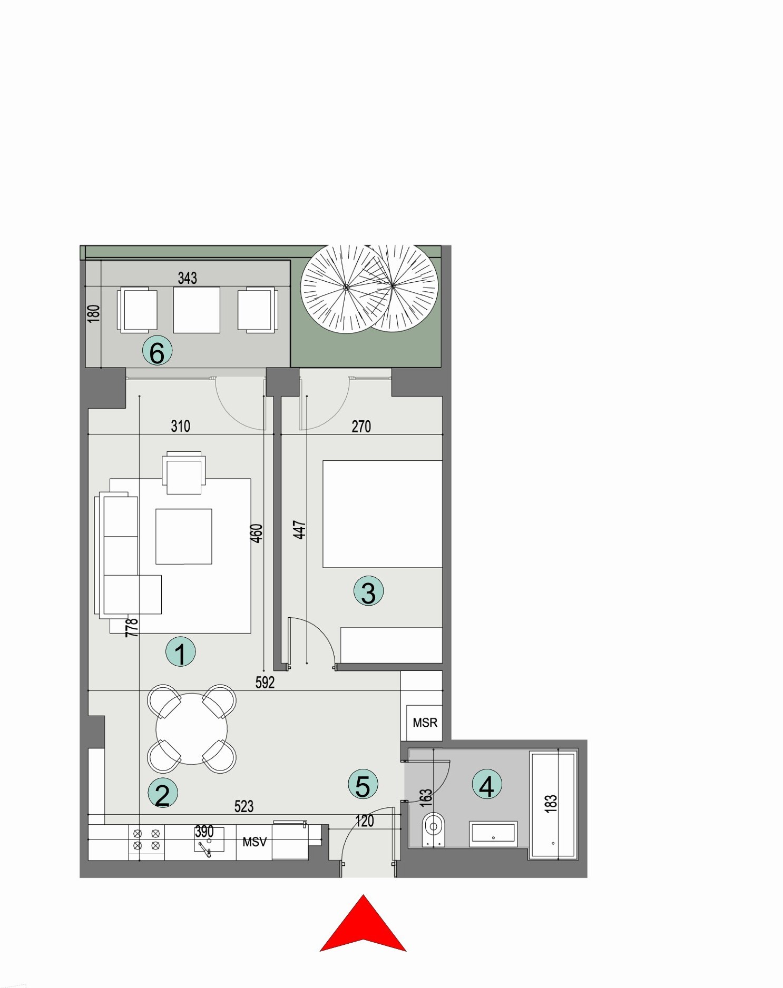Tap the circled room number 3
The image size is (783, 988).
click(368, 591)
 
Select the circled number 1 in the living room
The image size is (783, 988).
click(180, 652)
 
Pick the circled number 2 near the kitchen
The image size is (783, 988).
click(163, 793)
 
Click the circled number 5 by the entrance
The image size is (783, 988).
click(363, 785)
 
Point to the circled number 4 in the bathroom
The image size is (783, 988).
click(486, 784)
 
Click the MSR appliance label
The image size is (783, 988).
click(425, 723)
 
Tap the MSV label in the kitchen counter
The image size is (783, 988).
click(255, 842)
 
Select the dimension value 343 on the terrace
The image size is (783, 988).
click(187, 278)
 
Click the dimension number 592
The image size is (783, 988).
click(265, 683)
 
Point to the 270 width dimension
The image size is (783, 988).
click(361, 427)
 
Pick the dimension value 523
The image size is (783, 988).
click(243, 806)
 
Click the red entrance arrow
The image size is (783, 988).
click(363, 924)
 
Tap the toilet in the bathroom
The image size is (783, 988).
click(433, 829)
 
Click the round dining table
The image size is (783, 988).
click(192, 729)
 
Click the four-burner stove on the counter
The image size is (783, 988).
click(146, 839)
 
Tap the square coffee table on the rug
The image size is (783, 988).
click(183, 536)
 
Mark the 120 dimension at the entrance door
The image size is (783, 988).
click(364, 821)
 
